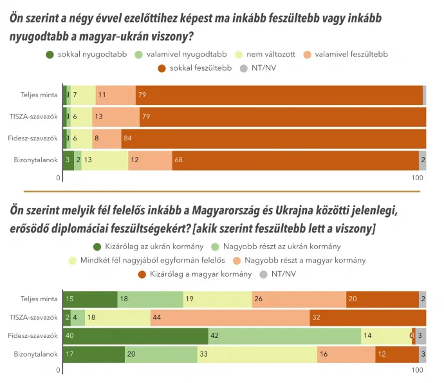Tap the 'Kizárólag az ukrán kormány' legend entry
tap(149, 246)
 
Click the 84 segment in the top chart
tap(273, 138)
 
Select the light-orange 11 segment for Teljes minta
tap(116, 95)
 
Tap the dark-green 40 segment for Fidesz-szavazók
tap(135, 336)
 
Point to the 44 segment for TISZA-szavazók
tap(230, 318)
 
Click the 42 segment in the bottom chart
tap(284, 336)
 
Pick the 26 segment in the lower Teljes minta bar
tap(299, 299)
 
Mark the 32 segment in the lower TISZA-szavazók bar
tap(367, 318)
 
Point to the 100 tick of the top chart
tap(417, 178)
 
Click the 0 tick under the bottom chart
tap(58, 371)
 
